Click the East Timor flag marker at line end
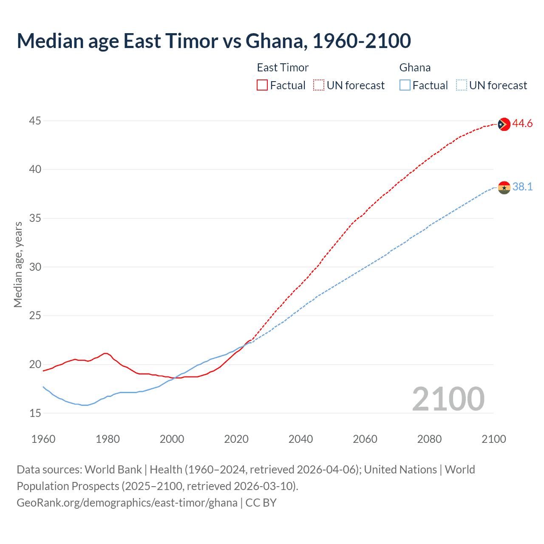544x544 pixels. click(x=504, y=124)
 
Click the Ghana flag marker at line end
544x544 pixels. click(x=504, y=187)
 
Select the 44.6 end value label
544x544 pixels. click(x=522, y=124)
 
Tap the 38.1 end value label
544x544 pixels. click(x=522, y=187)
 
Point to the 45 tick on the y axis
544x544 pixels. click(x=35, y=121)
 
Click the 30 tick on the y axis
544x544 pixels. click(x=35, y=267)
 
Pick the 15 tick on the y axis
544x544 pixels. click(x=35, y=413)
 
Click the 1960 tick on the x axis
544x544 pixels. click(x=43, y=439)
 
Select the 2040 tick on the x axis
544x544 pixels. click(x=300, y=439)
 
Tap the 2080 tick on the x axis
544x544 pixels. click(x=429, y=439)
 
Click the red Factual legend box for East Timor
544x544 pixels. click(x=262, y=85)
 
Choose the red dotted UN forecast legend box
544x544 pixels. click(x=319, y=85)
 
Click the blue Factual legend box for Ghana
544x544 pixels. click(x=405, y=85)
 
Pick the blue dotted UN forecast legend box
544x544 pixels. click(x=461, y=85)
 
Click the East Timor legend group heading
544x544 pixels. click(x=283, y=68)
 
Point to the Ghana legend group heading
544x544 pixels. click(x=415, y=68)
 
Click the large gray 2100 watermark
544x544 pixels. click(x=448, y=399)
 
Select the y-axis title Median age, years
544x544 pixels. click(x=18, y=264)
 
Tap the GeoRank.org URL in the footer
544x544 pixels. click(x=127, y=503)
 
